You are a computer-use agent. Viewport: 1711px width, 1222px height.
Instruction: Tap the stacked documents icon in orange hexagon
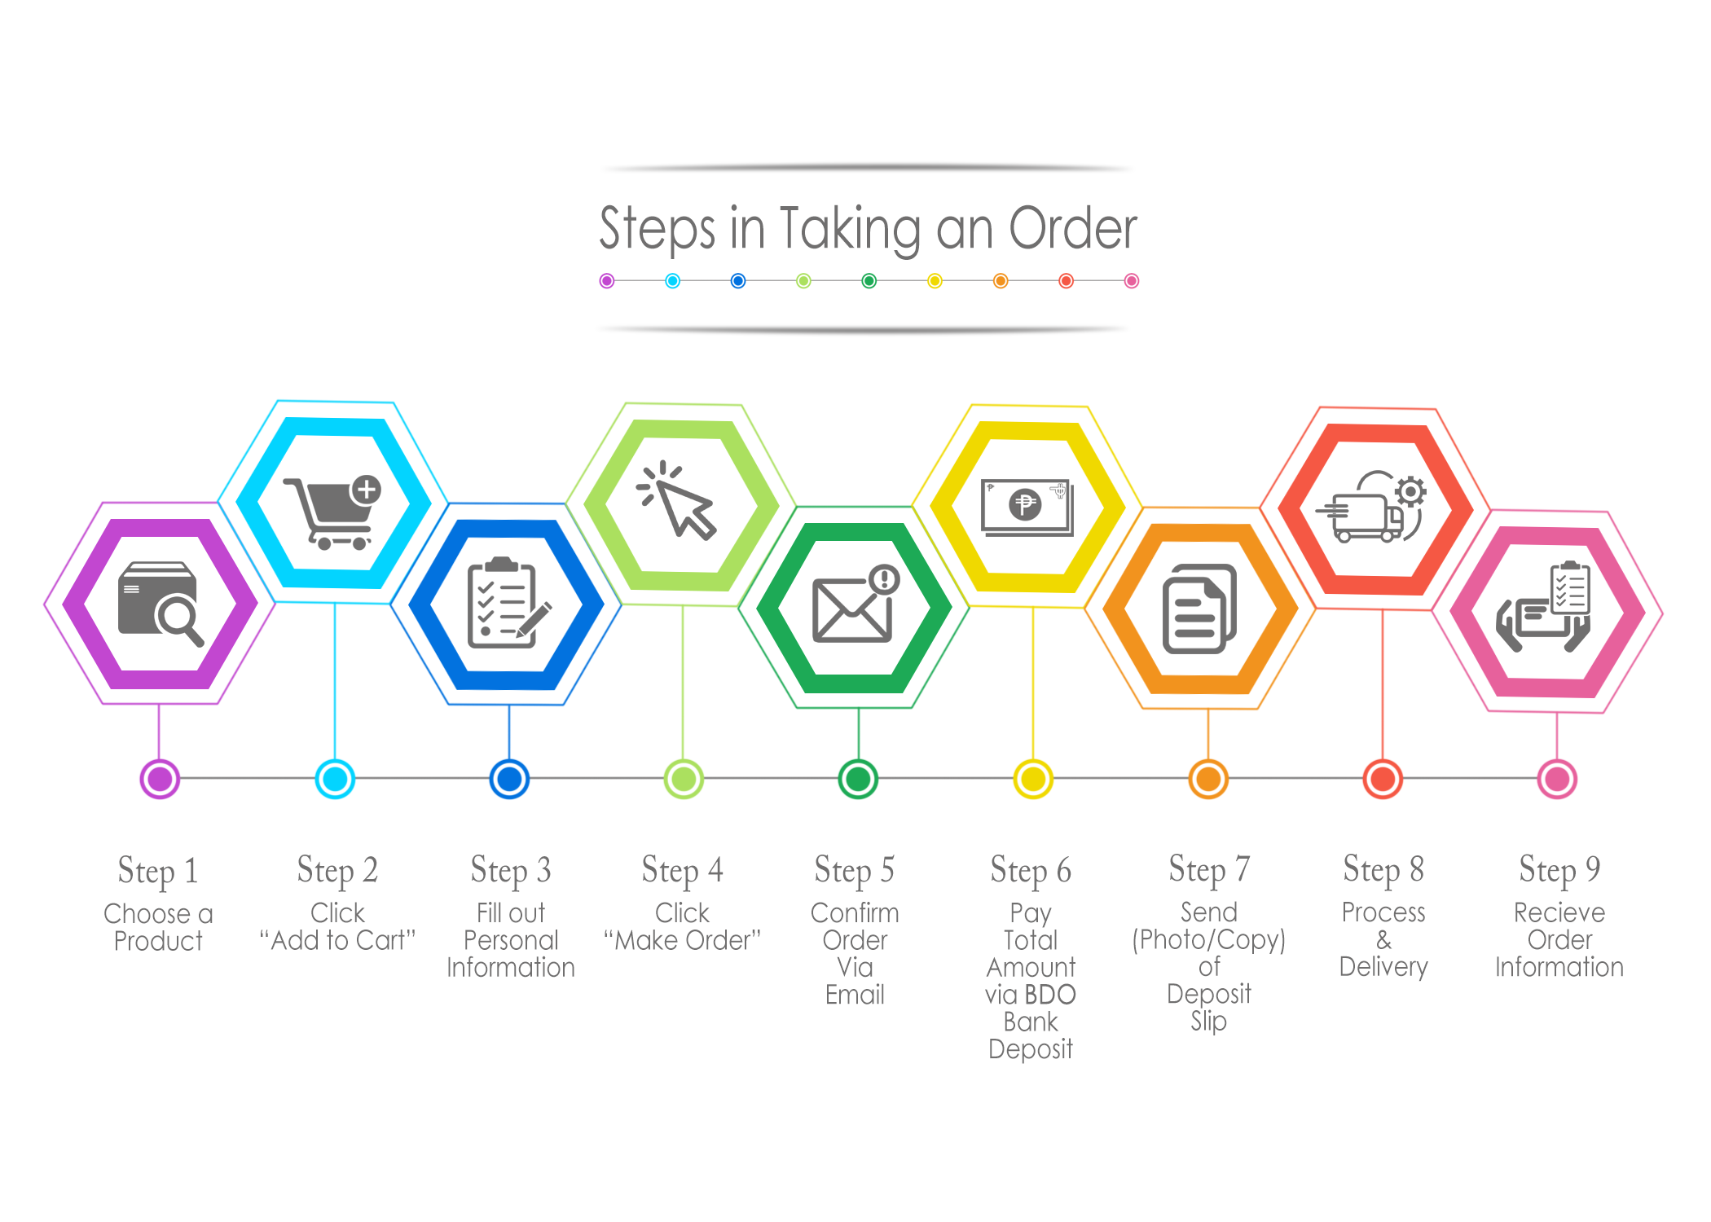[1199, 609]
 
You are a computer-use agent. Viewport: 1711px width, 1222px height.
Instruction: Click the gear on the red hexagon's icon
[1410, 492]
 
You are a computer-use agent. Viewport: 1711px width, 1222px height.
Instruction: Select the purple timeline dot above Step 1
[160, 779]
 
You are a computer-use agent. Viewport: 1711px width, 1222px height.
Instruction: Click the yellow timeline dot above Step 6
[1033, 779]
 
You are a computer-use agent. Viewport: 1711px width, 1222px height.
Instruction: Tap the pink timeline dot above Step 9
[1557, 779]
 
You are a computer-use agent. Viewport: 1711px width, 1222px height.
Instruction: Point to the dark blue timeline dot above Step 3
[509, 779]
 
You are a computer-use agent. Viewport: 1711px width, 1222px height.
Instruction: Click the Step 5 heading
[855, 870]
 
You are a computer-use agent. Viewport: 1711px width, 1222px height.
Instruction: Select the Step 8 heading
[1383, 869]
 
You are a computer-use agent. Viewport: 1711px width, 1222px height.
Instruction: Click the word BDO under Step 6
[1050, 995]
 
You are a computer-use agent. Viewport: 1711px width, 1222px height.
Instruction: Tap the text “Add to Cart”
[337, 940]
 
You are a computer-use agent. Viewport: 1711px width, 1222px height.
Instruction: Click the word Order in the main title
[1073, 228]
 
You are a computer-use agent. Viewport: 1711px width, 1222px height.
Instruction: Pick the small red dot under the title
[1066, 281]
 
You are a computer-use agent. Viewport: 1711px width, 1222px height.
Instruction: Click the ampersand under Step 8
[1383, 940]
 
